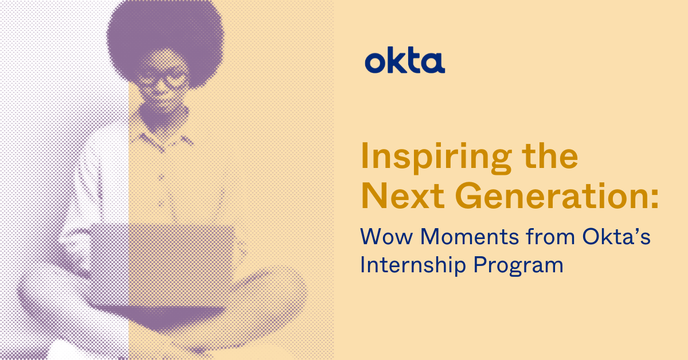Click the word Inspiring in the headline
click(x=436, y=158)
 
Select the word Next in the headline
click(x=403, y=195)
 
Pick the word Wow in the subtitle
click(x=386, y=237)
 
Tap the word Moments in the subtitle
click(x=470, y=237)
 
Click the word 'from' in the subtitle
click(x=550, y=236)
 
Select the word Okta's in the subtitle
click(x=616, y=236)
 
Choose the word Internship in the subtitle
click(x=413, y=265)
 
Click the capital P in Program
click(x=480, y=264)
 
